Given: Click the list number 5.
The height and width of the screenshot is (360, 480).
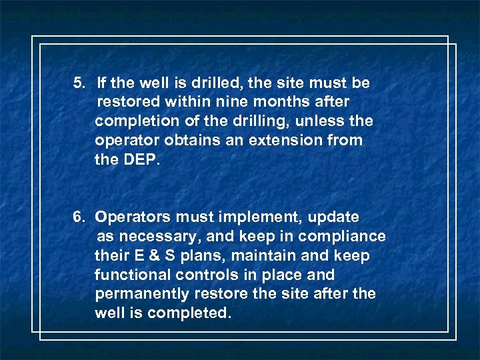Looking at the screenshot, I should coord(79,83).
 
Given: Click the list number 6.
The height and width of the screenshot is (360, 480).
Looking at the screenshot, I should coord(79,217).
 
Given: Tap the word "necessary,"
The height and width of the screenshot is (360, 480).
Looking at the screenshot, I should coord(150,237).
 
